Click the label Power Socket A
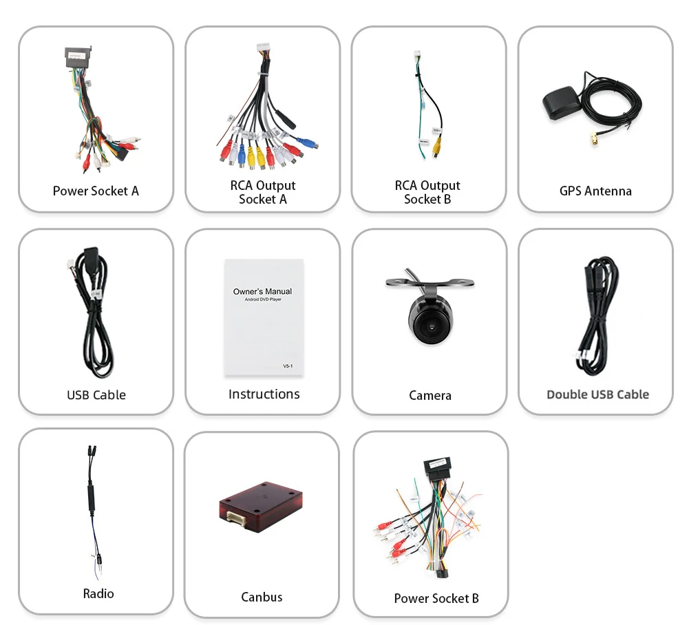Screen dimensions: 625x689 click(x=96, y=191)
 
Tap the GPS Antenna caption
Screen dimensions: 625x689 click(x=595, y=191)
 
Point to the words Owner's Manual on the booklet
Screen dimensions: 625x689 click(x=262, y=291)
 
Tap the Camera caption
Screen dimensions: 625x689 click(x=430, y=395)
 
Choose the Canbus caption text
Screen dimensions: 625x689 click(x=262, y=597)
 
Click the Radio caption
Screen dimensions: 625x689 click(x=98, y=593)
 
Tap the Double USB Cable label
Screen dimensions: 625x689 click(x=597, y=394)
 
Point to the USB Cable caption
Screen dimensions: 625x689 click(x=96, y=395)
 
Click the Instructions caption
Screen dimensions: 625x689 click(x=264, y=394)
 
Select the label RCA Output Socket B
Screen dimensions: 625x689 click(x=427, y=192)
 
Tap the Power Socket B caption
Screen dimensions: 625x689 click(x=436, y=598)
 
